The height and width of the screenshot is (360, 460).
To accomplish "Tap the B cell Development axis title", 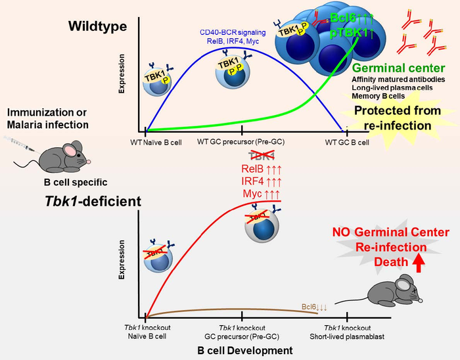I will pos(246,351).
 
